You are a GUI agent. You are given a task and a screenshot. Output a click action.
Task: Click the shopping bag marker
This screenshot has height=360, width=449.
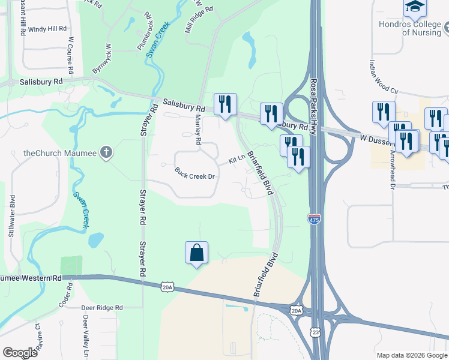tap(196, 253)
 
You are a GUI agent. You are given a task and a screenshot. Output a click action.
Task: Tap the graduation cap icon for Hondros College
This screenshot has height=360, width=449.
tap(414, 8)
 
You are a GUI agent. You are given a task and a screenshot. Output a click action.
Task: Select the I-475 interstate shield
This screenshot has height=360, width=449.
tap(314, 219)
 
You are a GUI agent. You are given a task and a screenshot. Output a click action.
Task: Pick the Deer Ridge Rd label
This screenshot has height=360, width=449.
tap(102, 307)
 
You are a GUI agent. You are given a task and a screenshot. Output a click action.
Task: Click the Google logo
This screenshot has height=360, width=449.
tap(20, 353)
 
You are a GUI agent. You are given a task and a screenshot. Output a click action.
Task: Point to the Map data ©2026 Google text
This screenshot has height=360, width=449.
tap(411, 355)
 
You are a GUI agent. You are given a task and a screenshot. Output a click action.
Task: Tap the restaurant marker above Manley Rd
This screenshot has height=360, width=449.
tap(225, 104)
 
